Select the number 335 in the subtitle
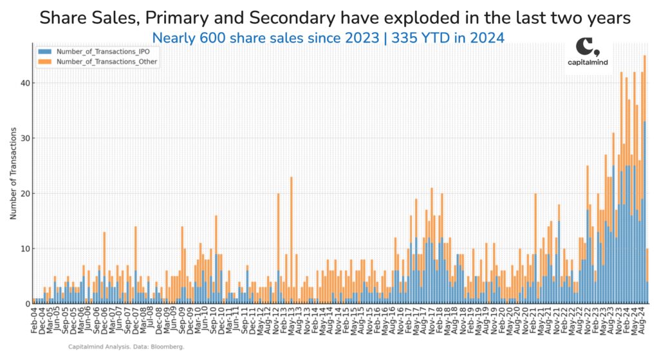coord(407,37)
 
